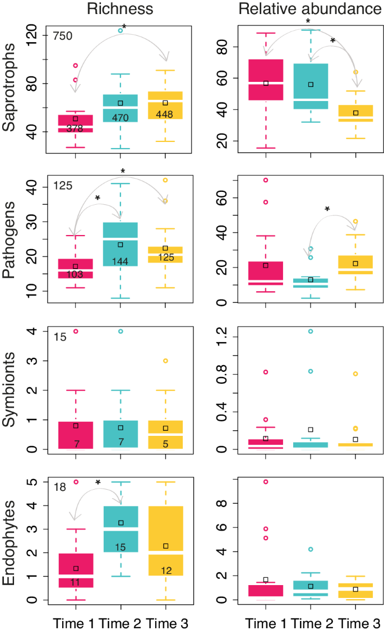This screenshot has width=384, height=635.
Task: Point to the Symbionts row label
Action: click(10, 390)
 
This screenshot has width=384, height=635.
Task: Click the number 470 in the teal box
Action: click(120, 118)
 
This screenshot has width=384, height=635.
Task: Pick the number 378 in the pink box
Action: click(75, 128)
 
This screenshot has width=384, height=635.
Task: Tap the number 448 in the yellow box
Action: click(165, 115)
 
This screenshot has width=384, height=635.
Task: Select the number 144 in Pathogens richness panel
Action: click(120, 261)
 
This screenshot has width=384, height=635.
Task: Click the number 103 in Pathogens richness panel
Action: click(75, 274)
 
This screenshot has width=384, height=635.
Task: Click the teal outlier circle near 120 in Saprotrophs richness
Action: click(120, 30)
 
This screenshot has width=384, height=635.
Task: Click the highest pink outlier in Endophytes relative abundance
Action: click(266, 482)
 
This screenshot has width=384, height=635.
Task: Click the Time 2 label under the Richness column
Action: click(120, 623)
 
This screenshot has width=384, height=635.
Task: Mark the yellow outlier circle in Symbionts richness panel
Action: click(165, 361)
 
